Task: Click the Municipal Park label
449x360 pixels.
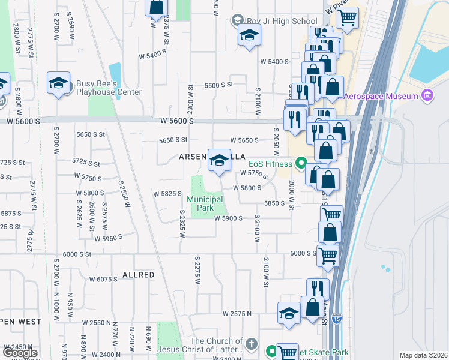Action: (205, 204)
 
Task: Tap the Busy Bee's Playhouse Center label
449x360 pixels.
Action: (109, 88)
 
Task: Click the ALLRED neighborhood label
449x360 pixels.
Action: (139, 275)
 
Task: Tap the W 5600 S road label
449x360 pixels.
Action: (177, 121)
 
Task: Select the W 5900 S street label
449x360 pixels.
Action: (228, 218)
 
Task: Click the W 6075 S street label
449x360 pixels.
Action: (103, 280)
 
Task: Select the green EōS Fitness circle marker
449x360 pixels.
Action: (300, 163)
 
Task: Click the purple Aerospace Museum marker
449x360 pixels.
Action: (427, 95)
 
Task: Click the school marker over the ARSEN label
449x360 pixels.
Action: (219, 160)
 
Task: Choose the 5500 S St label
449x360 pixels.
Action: (218, 85)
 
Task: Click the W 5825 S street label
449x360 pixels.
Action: (167, 194)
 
